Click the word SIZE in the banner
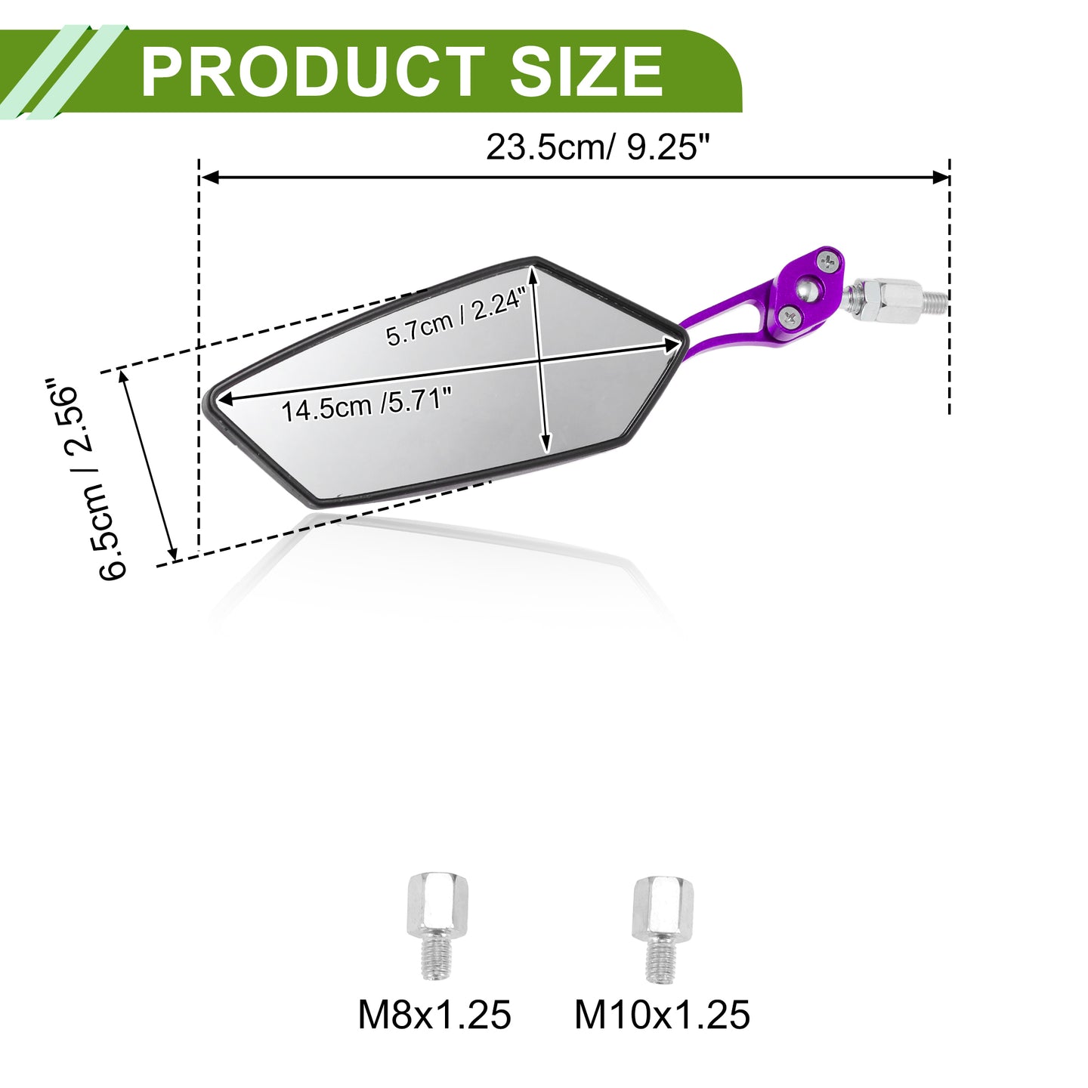click(586, 73)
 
